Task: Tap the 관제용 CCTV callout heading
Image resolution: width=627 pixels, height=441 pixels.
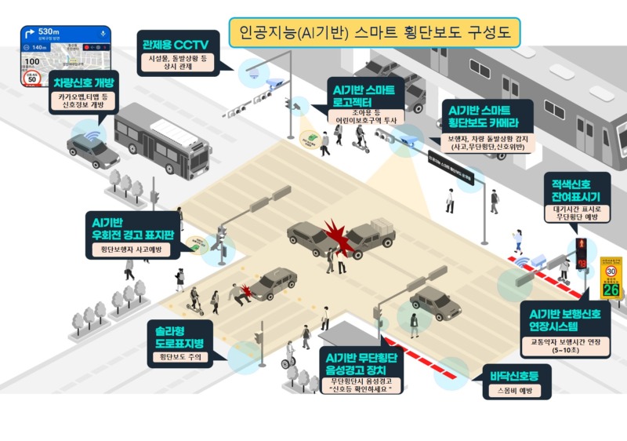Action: tap(175, 43)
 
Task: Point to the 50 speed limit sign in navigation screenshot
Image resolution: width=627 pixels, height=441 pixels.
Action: tap(32, 78)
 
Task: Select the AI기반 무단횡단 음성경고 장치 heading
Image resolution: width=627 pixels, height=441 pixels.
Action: tap(362, 362)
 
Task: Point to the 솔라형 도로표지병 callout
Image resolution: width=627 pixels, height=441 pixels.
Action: tap(179, 337)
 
